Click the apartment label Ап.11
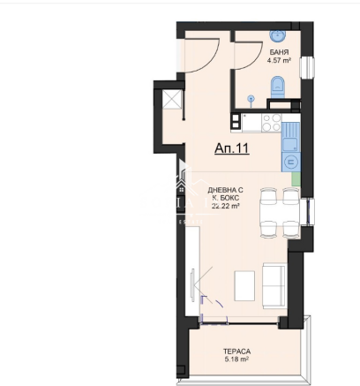[232, 148]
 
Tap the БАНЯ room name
[279, 52]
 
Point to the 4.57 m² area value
[279, 61]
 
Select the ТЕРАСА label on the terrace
[236, 352]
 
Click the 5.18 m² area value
[236, 360]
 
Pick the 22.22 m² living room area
[225, 206]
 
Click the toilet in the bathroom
[278, 87]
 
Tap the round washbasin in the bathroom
[277, 35]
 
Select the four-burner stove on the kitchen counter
[272, 123]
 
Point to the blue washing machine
[290, 162]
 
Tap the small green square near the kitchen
[296, 179]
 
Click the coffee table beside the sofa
[244, 285]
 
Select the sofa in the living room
[274, 285]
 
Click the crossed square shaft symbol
[172, 99]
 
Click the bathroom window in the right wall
[307, 67]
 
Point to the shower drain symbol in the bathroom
[251, 99]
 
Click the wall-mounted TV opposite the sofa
[192, 285]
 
